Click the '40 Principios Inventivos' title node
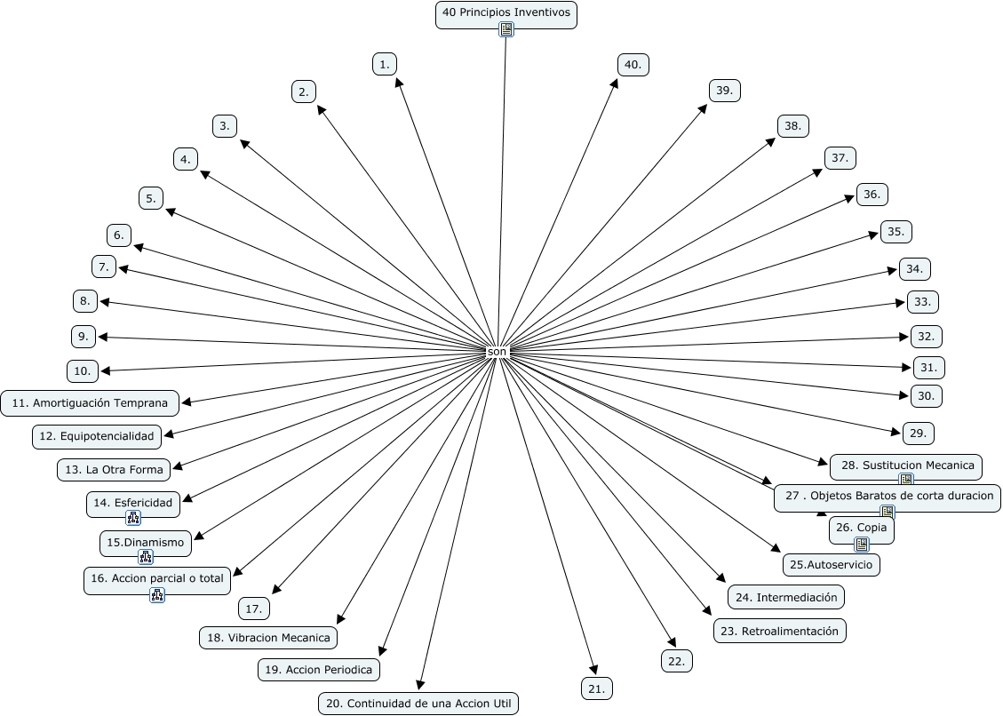(x=505, y=13)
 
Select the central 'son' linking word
(x=497, y=353)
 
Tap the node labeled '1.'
(x=384, y=64)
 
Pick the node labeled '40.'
(x=633, y=65)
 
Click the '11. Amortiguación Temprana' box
(x=90, y=402)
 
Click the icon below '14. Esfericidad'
(x=133, y=518)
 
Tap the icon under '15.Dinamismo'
(x=146, y=557)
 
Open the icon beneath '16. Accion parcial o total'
(x=157, y=595)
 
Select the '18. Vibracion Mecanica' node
(x=268, y=637)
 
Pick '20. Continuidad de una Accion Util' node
(x=418, y=704)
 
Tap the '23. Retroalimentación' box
(x=780, y=631)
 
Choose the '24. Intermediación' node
(x=785, y=597)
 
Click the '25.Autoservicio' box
(x=831, y=564)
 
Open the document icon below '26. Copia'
(x=861, y=545)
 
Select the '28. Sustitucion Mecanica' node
(x=906, y=465)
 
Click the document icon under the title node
(x=506, y=30)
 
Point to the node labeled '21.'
(x=596, y=688)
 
